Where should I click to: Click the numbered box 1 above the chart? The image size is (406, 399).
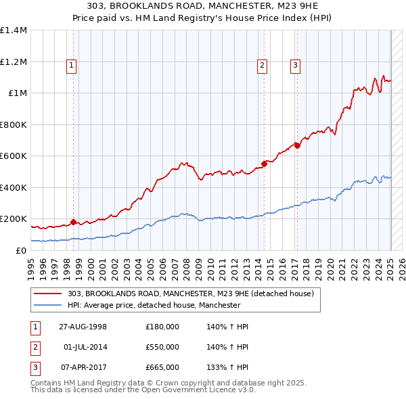click(x=71, y=66)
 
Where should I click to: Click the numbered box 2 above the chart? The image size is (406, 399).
click(x=262, y=66)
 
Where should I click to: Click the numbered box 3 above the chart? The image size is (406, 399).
click(x=296, y=66)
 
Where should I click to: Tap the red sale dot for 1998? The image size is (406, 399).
click(x=73, y=222)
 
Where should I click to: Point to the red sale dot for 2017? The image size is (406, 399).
click(x=297, y=145)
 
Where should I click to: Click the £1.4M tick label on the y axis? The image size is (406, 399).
click(x=14, y=30)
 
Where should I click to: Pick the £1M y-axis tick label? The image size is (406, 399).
click(x=18, y=93)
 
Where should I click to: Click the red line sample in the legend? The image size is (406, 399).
click(x=49, y=294)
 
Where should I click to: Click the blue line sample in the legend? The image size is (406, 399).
click(x=49, y=306)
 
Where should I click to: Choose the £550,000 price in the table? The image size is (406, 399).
click(x=162, y=347)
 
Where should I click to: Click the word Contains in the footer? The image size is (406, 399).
click(x=47, y=383)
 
